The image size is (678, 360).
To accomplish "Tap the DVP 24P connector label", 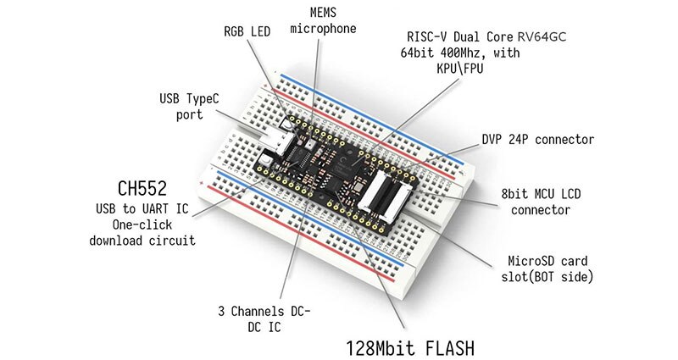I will tap(538, 139).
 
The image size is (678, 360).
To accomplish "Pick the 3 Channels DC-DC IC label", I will tap(261, 321).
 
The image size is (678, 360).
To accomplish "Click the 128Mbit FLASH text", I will tap(407, 346).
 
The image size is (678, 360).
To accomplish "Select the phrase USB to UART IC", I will tap(142, 208).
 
